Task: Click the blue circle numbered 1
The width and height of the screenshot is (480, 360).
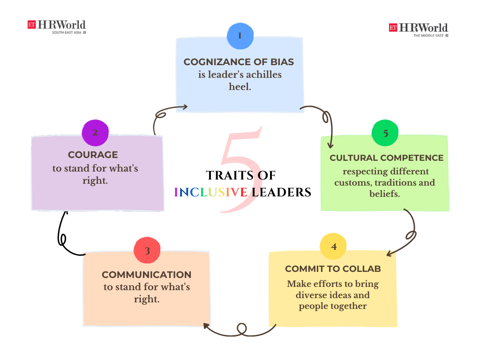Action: click(x=240, y=36)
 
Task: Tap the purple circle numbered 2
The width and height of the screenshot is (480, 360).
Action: click(x=95, y=132)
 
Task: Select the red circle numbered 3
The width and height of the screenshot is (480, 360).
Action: click(x=147, y=250)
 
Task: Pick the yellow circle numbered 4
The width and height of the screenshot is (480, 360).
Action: click(x=333, y=246)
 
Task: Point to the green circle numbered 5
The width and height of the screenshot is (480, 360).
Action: click(x=385, y=133)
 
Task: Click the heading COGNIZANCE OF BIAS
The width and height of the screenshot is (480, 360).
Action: click(x=239, y=62)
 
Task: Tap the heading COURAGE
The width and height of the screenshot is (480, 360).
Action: click(x=93, y=155)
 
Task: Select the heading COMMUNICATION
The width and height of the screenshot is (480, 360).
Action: click(x=147, y=275)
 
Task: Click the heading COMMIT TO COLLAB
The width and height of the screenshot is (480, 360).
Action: click(x=333, y=269)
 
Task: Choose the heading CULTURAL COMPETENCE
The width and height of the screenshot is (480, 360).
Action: click(x=386, y=157)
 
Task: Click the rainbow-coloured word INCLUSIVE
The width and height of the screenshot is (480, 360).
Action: click(x=211, y=192)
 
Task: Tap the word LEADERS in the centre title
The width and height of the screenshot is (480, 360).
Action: click(x=281, y=192)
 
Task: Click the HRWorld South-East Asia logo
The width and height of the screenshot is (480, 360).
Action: click(x=57, y=26)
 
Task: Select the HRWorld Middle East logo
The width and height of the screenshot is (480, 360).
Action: click(x=418, y=29)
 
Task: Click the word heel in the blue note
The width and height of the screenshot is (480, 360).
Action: click(x=240, y=86)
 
